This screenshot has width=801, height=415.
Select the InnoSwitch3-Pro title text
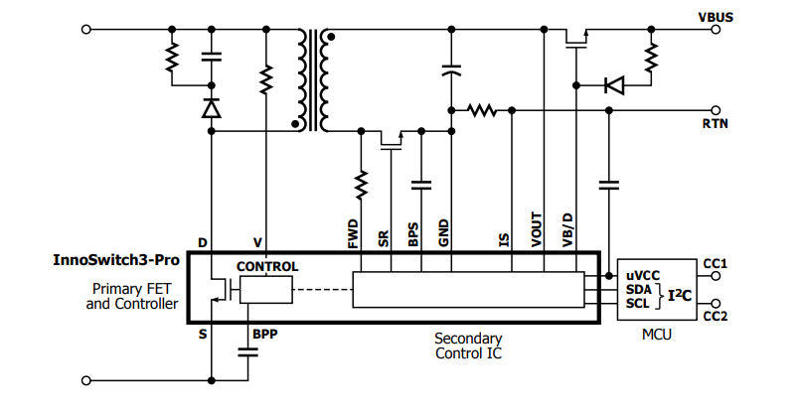[x=116, y=261]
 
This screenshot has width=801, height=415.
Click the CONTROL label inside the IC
[x=266, y=267]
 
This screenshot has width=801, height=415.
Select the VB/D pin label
[x=567, y=229]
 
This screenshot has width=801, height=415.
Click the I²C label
[x=679, y=295]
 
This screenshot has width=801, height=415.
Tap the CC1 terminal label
[x=717, y=264]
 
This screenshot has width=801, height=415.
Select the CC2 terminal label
[x=717, y=317]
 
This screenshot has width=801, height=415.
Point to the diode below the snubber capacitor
[x=211, y=108]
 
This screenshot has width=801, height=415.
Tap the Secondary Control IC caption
[x=468, y=346]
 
